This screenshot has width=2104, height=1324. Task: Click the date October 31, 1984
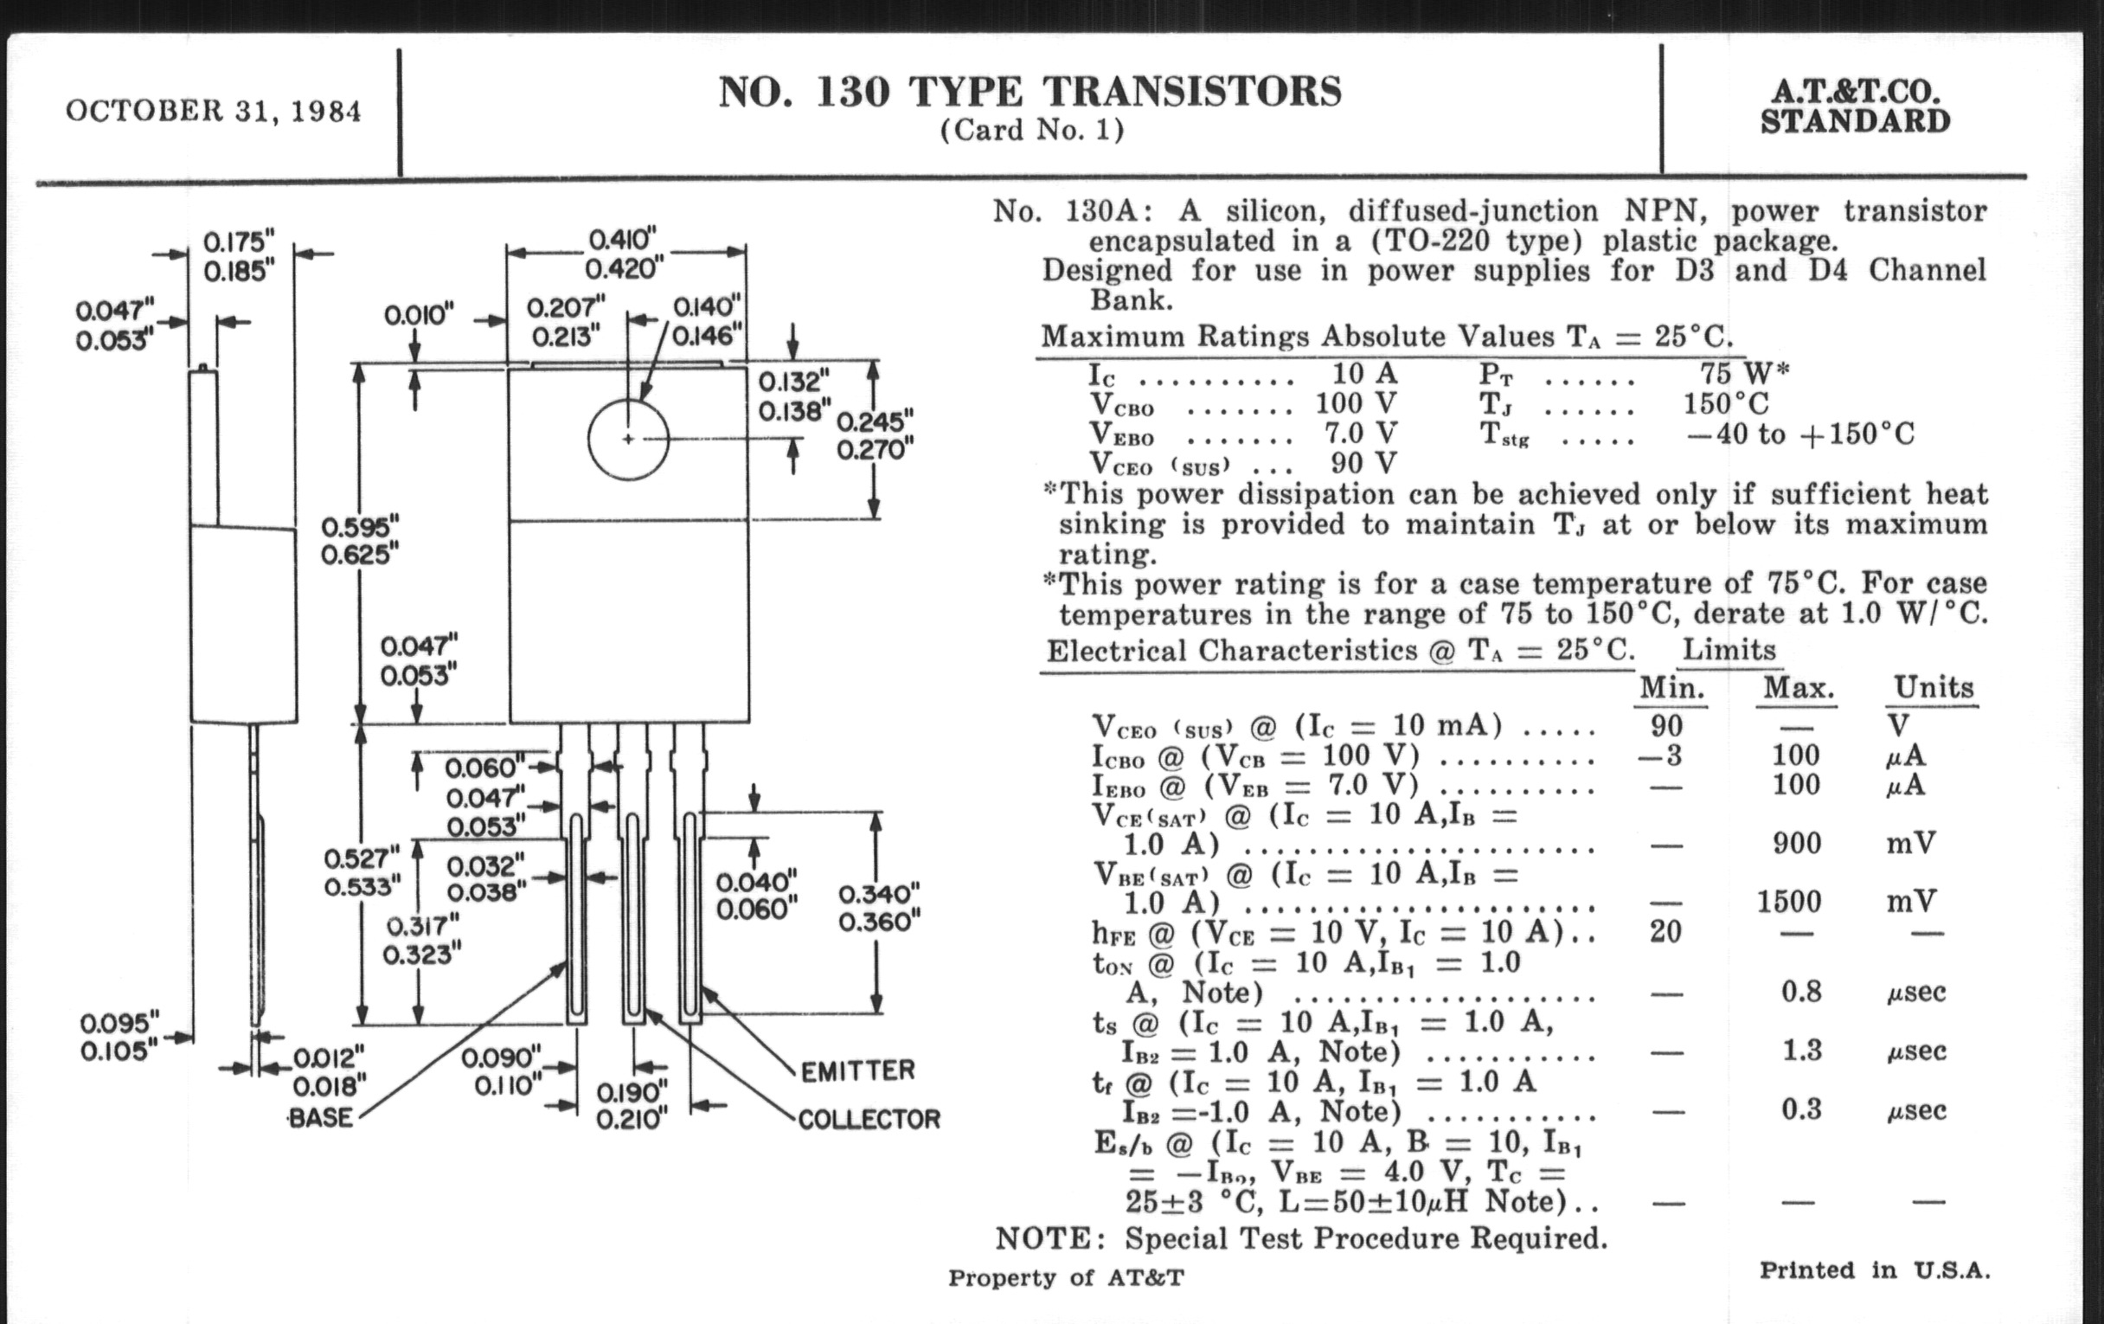pos(212,112)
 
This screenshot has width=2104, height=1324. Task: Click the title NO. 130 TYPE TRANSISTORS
pos(1030,93)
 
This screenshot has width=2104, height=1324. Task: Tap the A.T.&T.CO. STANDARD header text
pos(1854,106)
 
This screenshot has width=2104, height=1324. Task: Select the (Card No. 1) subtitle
pos(1032,130)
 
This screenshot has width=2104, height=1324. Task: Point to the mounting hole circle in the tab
pos(628,439)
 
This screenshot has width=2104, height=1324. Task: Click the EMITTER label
pos(857,1070)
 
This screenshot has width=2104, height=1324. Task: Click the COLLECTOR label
pos(869,1120)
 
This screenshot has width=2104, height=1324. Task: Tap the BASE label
pos(321,1118)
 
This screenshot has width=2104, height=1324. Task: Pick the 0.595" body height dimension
pos(360,527)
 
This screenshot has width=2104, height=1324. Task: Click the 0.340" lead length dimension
pos(879,894)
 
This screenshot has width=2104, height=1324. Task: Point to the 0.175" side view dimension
pos(239,241)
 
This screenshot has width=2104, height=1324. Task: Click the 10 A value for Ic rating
pos(1364,374)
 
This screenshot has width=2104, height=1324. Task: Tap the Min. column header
pos(1671,688)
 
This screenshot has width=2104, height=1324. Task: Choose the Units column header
pos(1933,688)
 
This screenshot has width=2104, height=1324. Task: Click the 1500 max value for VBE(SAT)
pos(1788,901)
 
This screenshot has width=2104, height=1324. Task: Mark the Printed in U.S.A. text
pos(1874,1269)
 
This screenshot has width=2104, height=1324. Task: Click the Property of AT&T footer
pos(1066,1277)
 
